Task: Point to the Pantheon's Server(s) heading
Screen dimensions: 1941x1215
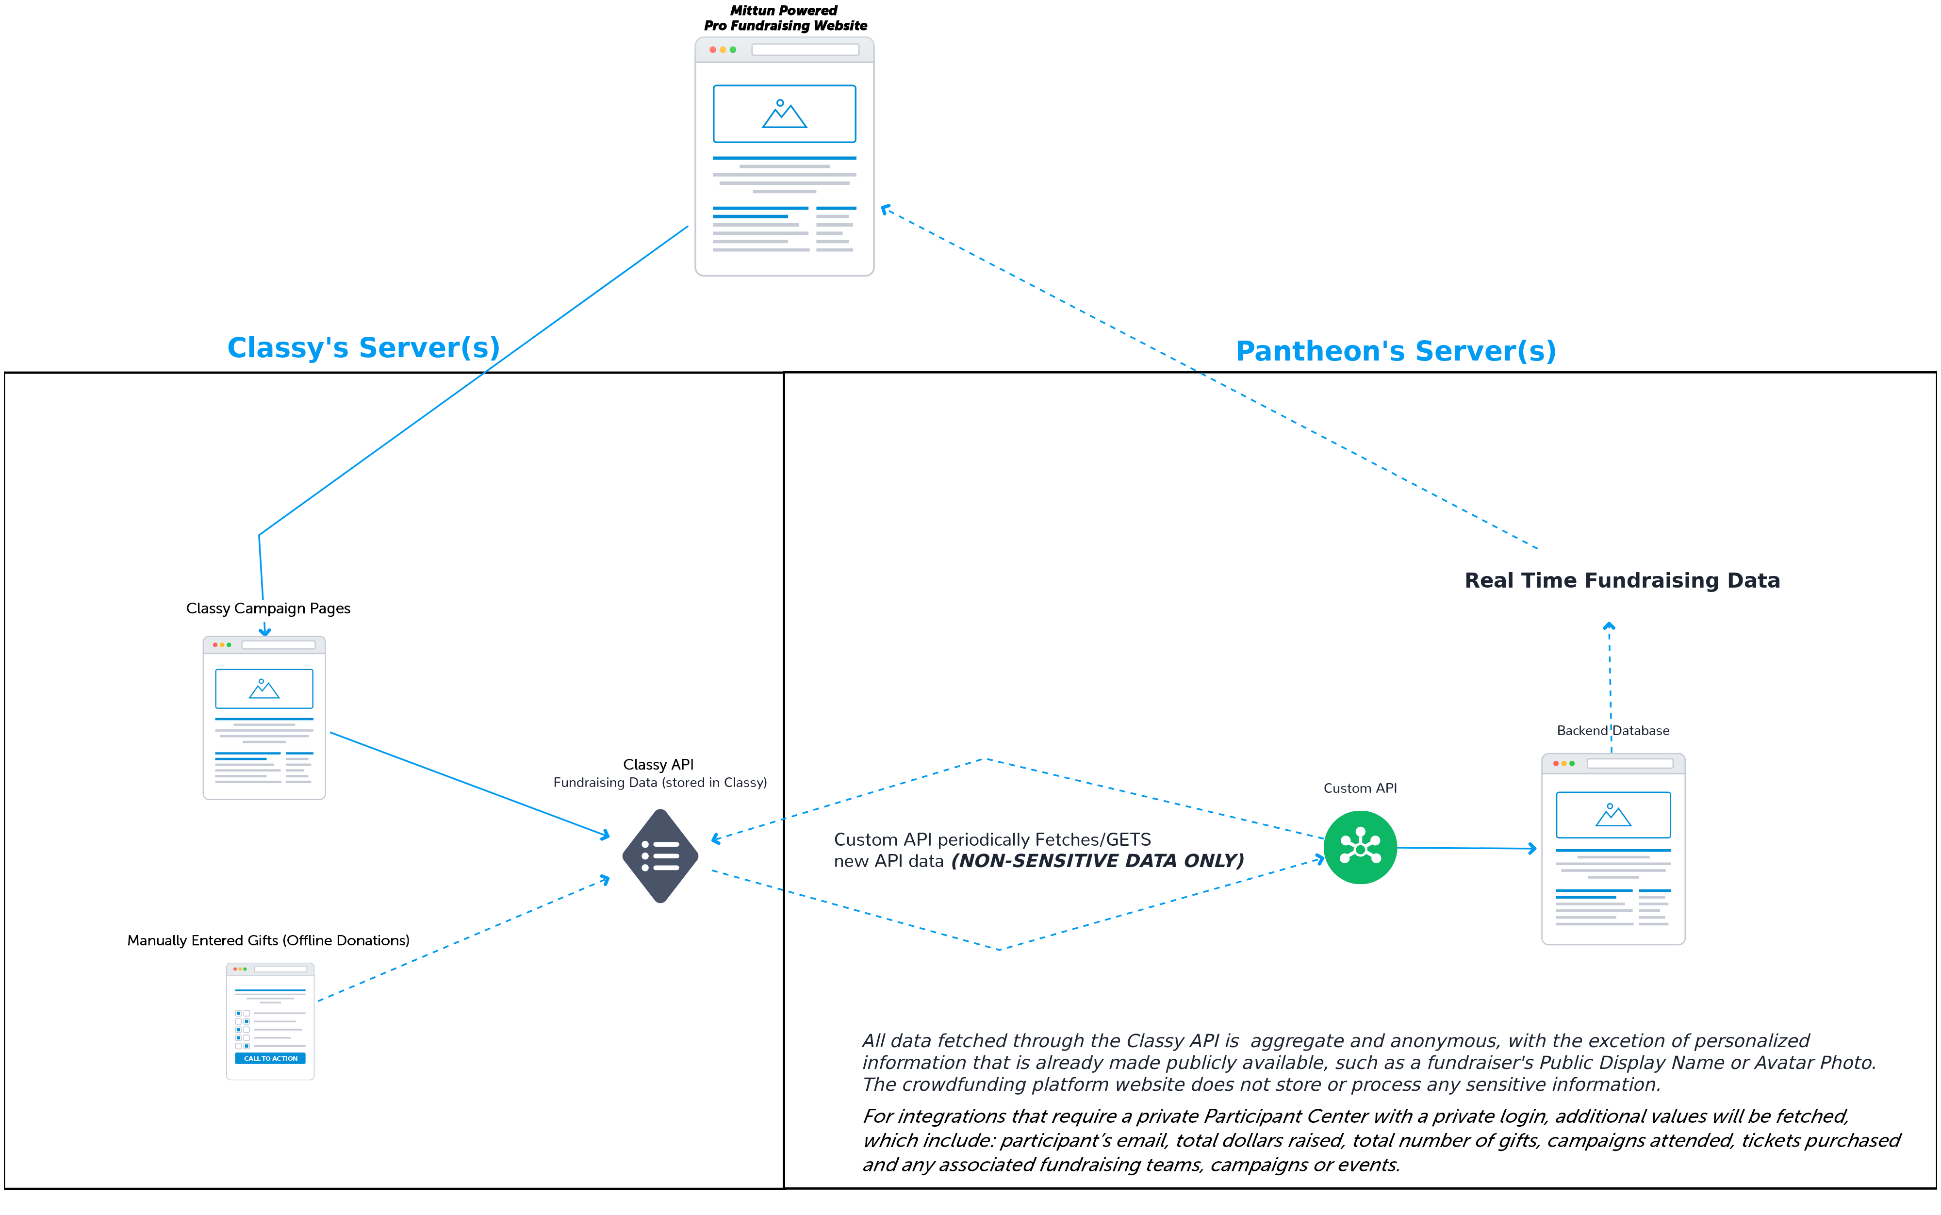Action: [x=1396, y=351]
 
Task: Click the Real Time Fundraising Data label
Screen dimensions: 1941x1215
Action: [x=1622, y=580]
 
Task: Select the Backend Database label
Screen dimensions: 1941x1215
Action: [x=1612, y=730]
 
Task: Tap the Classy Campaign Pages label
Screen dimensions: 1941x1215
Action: [x=268, y=608]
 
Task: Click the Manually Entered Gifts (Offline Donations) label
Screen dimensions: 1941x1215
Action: [x=268, y=940]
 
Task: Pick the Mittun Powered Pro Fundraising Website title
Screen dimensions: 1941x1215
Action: [x=785, y=17]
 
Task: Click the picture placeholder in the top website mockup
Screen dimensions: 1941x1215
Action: [x=784, y=114]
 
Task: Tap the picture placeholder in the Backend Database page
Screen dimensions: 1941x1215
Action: [x=1613, y=815]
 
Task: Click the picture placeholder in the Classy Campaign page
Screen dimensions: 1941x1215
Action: [x=264, y=689]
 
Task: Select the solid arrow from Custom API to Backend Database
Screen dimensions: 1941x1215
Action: [x=1467, y=848]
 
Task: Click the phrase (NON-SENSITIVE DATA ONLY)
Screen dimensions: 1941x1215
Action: [x=1098, y=861]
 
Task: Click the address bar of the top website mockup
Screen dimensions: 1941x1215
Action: [x=805, y=50]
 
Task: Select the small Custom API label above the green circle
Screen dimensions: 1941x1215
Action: [x=1360, y=788]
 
